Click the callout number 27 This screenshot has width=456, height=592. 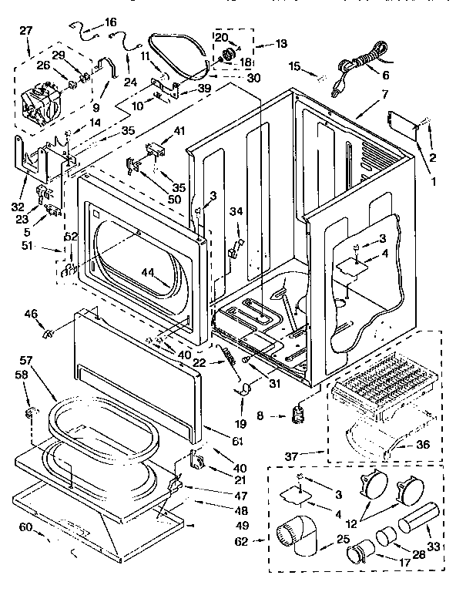[x=26, y=31]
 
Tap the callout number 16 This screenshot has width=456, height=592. [x=110, y=22]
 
